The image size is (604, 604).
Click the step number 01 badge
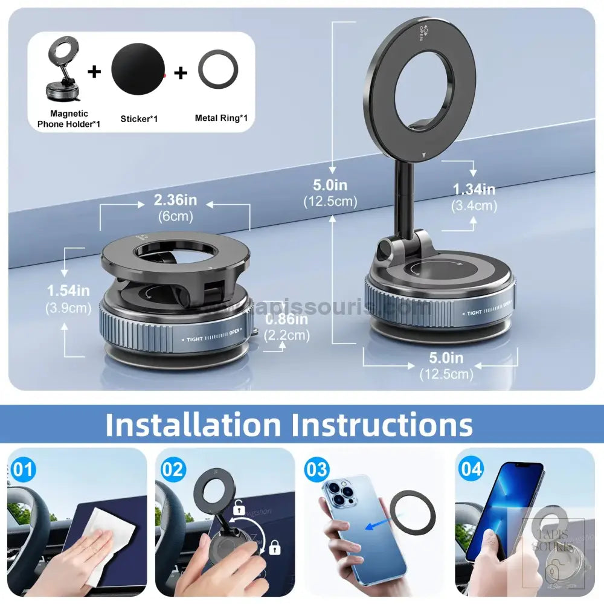click(24, 470)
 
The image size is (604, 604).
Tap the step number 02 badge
click(173, 470)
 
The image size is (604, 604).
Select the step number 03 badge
click(316, 469)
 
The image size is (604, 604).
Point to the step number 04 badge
click(471, 469)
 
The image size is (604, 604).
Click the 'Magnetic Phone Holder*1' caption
click(69, 118)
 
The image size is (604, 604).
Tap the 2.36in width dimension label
click(175, 200)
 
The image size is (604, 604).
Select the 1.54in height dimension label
click(69, 291)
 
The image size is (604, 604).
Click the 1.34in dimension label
click(474, 190)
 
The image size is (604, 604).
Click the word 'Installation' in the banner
click(193, 425)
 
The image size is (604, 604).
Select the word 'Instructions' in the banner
click(382, 425)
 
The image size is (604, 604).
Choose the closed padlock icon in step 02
click(275, 548)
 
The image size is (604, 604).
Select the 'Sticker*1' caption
click(139, 118)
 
